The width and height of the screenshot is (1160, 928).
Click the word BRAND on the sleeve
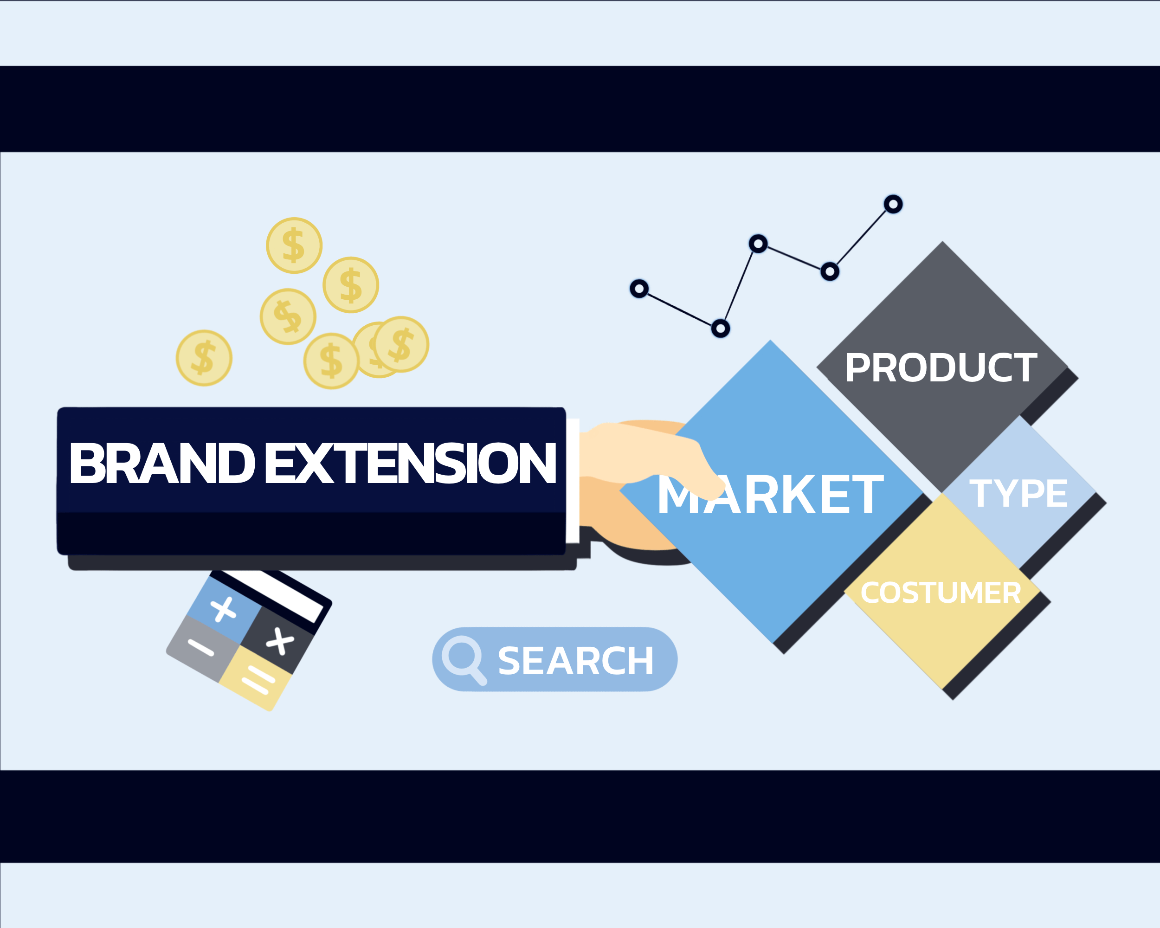161,463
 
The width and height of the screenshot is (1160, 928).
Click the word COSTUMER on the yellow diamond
941,593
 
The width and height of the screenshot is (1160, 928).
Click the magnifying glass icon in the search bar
463,657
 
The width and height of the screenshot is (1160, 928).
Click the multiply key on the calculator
280,641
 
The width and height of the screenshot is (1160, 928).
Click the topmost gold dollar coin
294,245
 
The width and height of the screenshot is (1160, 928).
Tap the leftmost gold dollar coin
204,358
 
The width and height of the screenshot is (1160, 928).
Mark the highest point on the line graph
893,205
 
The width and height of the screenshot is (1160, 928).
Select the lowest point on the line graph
721,328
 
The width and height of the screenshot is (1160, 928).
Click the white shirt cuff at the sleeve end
573,480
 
